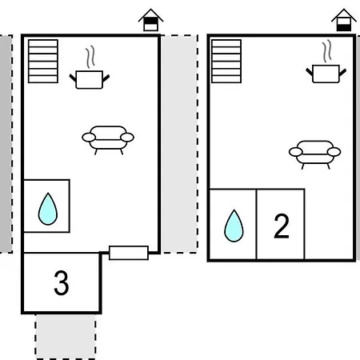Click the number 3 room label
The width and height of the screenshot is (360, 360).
62,283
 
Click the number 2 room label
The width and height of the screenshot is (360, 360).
282,226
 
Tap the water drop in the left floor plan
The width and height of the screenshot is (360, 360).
48,209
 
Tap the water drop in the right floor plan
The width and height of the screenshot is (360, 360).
234,226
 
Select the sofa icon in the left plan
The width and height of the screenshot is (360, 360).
108,140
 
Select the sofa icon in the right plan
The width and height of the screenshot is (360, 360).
315,154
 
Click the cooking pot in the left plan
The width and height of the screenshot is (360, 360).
90,79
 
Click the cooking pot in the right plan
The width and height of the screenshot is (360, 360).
326,74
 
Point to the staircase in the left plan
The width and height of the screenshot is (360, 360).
43,62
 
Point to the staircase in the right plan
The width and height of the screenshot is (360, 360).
226,62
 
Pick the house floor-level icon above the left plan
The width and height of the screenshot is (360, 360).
150,20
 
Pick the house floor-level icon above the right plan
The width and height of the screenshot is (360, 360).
344,20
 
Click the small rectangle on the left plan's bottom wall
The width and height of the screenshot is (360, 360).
129,253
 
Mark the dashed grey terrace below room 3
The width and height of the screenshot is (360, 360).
66,337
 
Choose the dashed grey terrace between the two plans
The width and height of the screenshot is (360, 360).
179,144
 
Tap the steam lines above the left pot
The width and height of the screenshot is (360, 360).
90,57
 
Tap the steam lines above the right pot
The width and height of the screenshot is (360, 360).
327,51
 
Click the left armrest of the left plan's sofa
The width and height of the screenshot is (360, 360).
89,138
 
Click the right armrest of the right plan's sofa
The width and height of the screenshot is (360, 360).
334,152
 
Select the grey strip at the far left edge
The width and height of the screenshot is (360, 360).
6,144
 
